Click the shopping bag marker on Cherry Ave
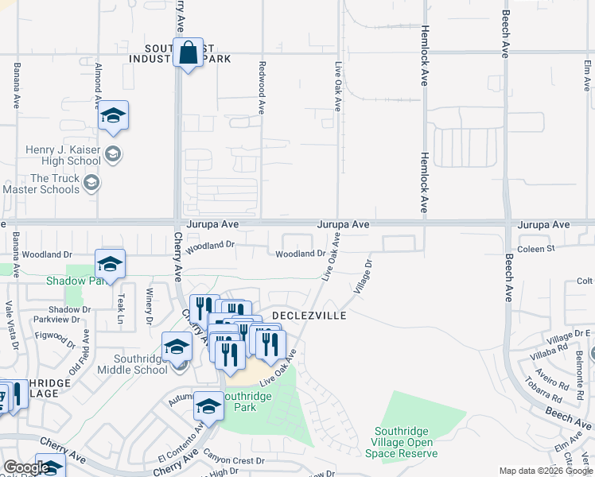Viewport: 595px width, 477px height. [x=188, y=53]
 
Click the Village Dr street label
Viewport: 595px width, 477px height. [x=363, y=275]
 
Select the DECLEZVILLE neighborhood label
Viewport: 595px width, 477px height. [x=309, y=316]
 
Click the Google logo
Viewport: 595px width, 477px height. [x=25, y=467]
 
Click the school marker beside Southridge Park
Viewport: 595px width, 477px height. [x=208, y=407]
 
